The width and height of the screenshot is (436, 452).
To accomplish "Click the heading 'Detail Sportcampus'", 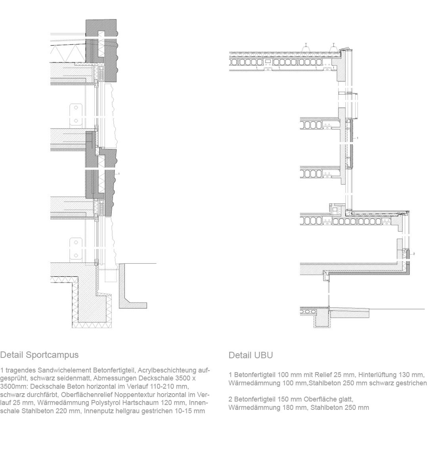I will [x=39, y=355].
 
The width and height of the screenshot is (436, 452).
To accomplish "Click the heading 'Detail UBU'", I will [x=251, y=355].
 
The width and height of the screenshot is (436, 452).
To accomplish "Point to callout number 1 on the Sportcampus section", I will [x=119, y=174].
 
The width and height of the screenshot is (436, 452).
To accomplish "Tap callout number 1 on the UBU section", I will [x=358, y=138].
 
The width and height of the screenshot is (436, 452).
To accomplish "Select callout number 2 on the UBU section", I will [x=414, y=253].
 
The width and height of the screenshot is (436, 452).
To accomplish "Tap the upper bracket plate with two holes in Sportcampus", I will [x=75, y=114].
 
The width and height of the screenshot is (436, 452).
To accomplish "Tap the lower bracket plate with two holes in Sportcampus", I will [x=75, y=249].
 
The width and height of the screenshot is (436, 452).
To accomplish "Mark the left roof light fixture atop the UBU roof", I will [x=306, y=47].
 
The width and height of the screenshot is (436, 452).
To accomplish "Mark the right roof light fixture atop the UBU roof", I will [x=334, y=47].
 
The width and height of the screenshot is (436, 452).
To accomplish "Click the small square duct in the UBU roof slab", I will [x=268, y=62].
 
